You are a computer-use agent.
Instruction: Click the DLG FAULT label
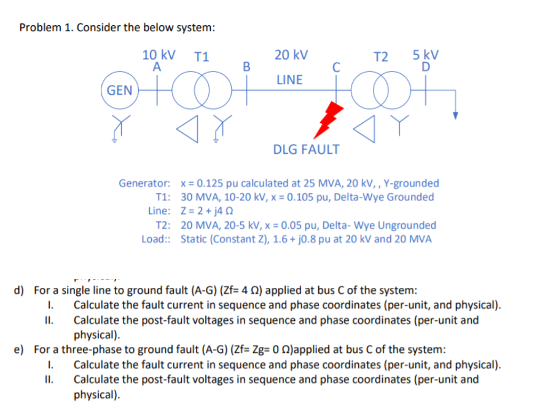click(306, 149)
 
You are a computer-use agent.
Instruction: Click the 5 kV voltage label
click(425, 54)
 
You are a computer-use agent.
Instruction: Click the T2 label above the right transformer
click(382, 57)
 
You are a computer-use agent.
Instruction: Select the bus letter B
click(247, 66)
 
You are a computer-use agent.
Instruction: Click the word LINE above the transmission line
click(289, 80)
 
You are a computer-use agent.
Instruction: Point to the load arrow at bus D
click(455, 114)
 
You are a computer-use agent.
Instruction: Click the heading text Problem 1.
click(47, 28)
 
